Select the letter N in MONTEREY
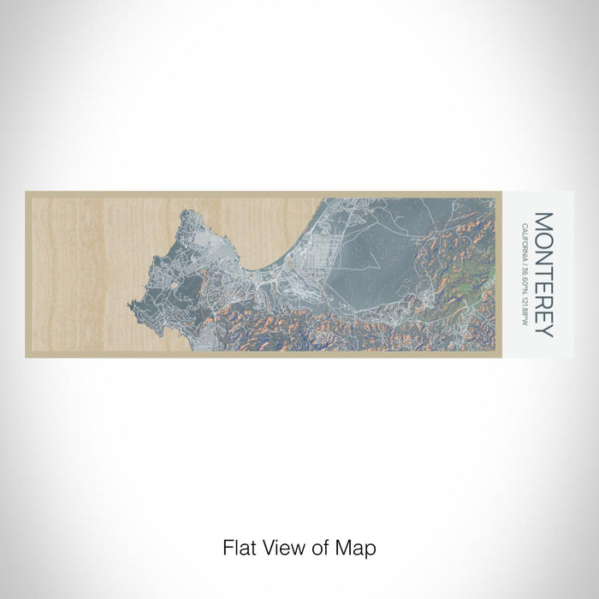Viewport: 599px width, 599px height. pyautogui.click(x=544, y=256)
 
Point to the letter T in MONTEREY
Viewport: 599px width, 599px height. pyautogui.click(x=544, y=270)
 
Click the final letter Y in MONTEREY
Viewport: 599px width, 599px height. pyautogui.click(x=544, y=329)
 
